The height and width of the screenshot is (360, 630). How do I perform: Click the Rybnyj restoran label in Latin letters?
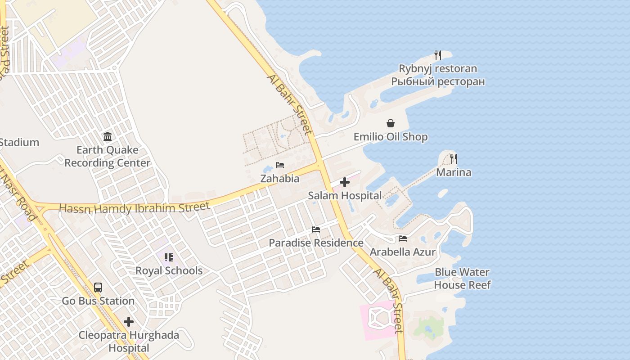point(437,69)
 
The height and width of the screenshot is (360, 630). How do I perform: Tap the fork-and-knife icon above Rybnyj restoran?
point(437,55)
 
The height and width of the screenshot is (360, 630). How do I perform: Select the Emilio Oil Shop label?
point(391,137)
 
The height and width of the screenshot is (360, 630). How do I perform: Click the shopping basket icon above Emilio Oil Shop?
point(391,123)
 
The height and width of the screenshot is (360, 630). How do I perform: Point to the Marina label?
point(454,172)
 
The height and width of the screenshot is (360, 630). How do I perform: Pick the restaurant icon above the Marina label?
point(454,159)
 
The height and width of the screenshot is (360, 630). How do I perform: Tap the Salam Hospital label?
point(345,196)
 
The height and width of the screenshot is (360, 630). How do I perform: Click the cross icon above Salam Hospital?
point(345,182)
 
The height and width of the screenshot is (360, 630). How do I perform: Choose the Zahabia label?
point(280,179)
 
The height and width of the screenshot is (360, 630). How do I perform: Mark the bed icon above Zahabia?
point(280,165)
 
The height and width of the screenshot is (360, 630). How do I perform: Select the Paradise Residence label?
point(316,243)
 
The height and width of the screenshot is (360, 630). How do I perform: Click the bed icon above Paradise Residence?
point(316,229)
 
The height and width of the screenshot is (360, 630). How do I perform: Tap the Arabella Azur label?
point(403,252)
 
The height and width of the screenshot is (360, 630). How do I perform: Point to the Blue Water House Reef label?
point(462,279)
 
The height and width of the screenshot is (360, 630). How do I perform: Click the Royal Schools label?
point(169,271)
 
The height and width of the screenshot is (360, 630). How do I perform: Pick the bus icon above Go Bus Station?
point(98,288)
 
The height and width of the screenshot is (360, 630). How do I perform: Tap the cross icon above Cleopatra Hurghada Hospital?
point(129,322)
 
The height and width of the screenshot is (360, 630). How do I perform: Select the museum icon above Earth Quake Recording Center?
point(108,137)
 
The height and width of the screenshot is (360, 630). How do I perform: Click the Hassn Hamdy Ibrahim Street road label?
point(134,208)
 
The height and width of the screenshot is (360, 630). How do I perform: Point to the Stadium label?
point(19,143)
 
